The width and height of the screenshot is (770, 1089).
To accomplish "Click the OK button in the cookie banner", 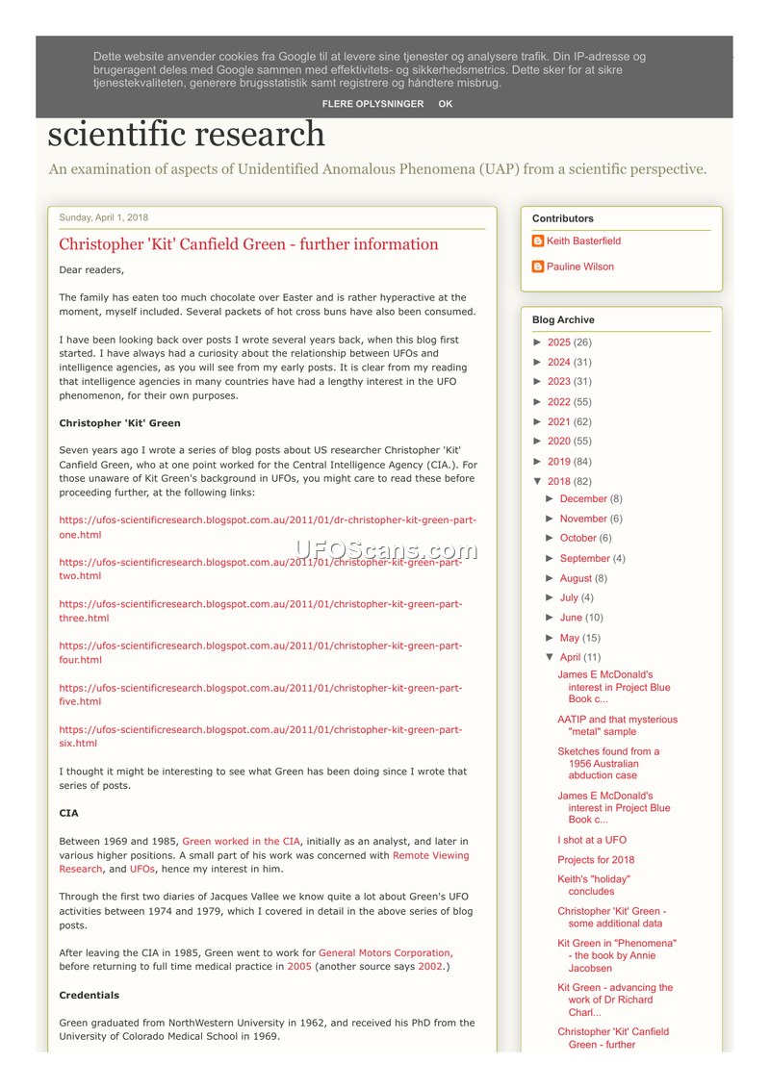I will (x=445, y=104).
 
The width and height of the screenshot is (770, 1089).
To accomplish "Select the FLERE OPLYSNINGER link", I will (x=372, y=104).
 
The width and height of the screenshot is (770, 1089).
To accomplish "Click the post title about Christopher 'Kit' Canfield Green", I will (x=248, y=244).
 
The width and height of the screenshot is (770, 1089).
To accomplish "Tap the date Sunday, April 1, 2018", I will (x=104, y=217).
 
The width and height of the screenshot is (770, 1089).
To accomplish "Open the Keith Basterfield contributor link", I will (x=583, y=241).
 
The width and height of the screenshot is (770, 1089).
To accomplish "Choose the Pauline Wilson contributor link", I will (x=579, y=267).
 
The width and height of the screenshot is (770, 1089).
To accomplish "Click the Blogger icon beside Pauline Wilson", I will (x=538, y=267).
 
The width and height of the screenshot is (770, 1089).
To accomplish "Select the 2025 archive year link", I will (x=558, y=342).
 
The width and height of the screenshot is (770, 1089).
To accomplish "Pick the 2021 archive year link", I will (x=558, y=421).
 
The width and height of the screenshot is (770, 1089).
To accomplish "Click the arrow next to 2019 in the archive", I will (x=538, y=462).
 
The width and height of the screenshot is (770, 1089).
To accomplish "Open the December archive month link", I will (x=583, y=499).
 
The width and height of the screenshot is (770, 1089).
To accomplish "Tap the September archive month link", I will (x=584, y=558).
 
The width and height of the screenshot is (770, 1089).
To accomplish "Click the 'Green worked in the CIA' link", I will (x=241, y=842).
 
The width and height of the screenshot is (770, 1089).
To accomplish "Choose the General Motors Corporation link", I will (x=385, y=952).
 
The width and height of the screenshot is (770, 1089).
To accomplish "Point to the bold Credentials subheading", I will (x=89, y=995).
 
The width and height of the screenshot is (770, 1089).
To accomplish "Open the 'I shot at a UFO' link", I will (x=591, y=840).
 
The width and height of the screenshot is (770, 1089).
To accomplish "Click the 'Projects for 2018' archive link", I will (x=596, y=860).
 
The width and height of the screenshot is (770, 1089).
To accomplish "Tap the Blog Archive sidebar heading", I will (x=563, y=320).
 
